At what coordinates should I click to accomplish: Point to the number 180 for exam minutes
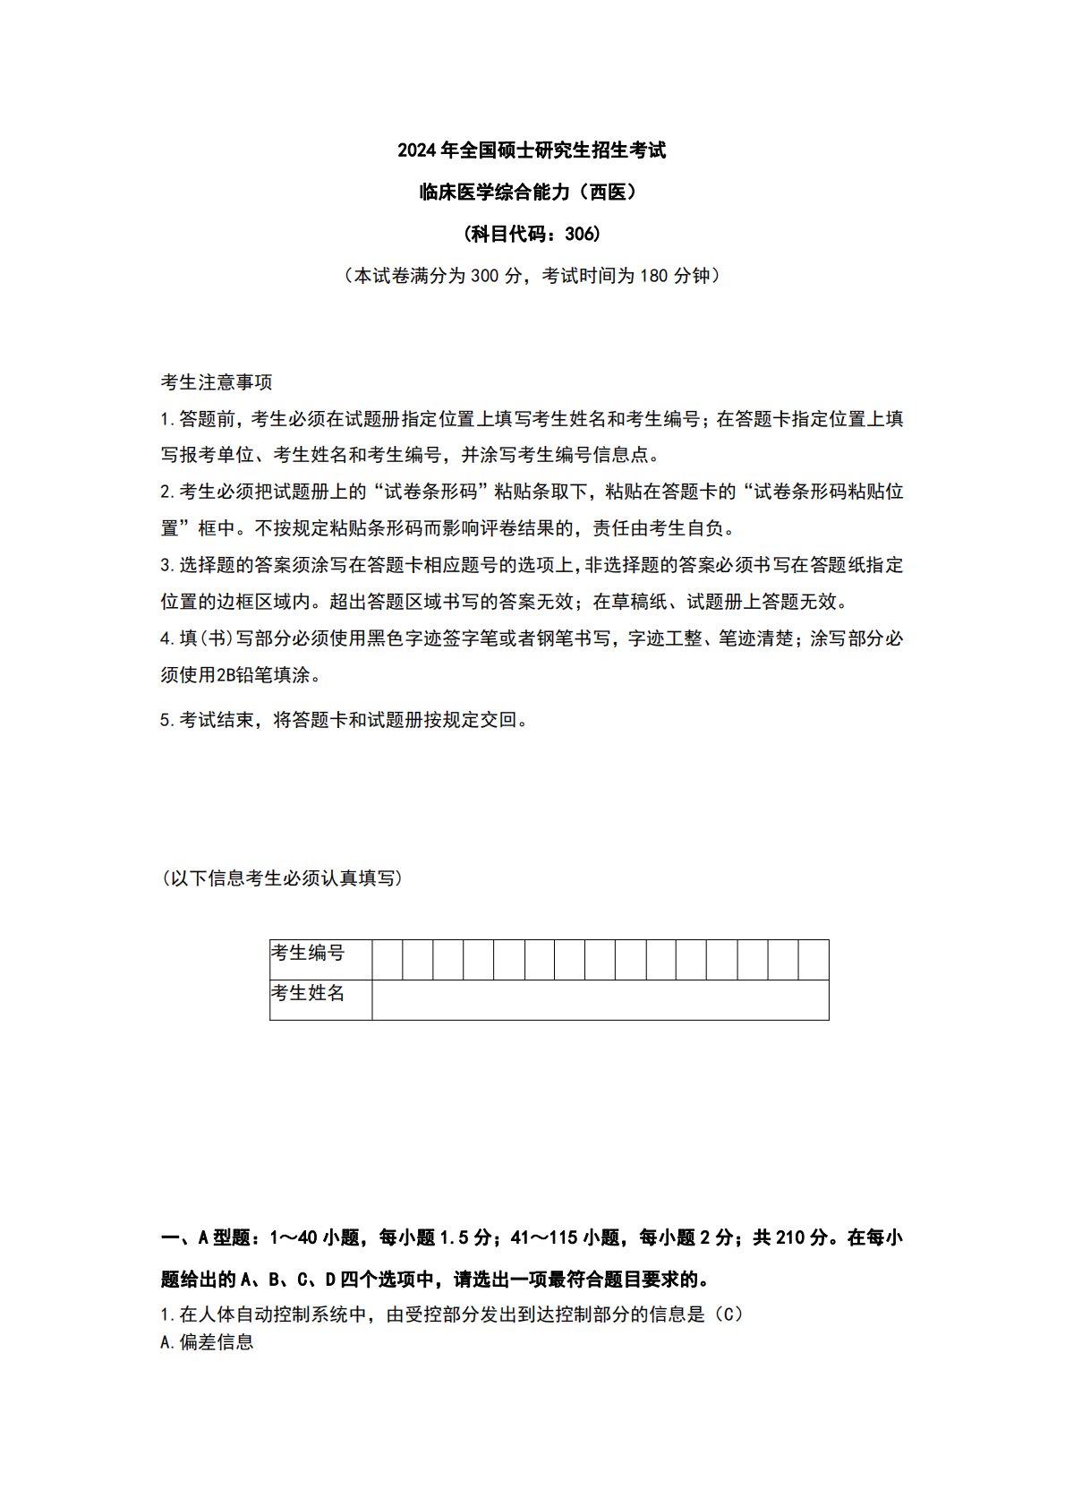pos(653,276)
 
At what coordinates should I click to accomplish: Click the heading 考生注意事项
pos(217,382)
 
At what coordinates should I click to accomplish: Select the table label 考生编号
pos(308,953)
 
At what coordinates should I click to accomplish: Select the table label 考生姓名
pos(308,993)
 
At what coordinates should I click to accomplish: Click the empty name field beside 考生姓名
pos(600,1000)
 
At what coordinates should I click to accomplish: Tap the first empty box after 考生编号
pos(388,960)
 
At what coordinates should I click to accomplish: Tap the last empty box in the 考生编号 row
pos(814,960)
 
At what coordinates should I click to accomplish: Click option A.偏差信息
pos(207,1342)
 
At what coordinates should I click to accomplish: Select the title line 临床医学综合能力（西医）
pos(532,192)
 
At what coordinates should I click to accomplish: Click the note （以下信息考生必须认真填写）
pos(282,878)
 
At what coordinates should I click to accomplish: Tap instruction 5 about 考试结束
pos(344,720)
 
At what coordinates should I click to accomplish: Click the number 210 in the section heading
pos(791,1238)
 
